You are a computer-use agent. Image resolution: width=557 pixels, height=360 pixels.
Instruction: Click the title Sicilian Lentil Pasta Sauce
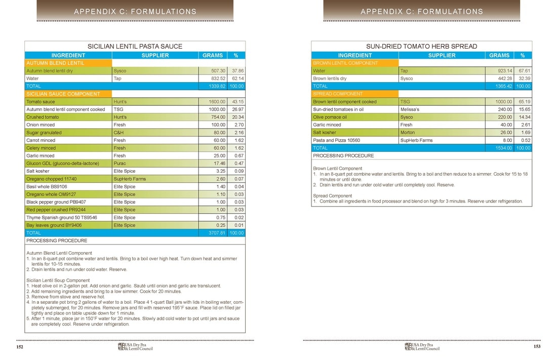pyautogui.click(x=135, y=46)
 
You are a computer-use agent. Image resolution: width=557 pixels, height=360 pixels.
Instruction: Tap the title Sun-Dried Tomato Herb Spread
pyautogui.click(x=421, y=46)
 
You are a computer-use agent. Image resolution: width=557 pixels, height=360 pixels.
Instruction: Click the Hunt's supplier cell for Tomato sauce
pyautogui.click(x=120, y=102)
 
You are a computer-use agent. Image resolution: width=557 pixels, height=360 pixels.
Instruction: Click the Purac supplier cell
pyautogui.click(x=120, y=164)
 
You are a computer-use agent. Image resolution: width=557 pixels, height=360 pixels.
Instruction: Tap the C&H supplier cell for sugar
pyautogui.click(x=119, y=133)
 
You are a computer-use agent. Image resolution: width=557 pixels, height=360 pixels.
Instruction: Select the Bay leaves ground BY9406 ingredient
pyautogui.click(x=54, y=225)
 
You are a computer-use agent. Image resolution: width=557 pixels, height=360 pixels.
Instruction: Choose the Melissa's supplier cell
pyautogui.click(x=410, y=109)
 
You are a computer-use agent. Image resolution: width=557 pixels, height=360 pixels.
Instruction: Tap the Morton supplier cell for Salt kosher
pyautogui.click(x=408, y=133)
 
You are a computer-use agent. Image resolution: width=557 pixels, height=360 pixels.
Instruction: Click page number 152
pyautogui.click(x=20, y=347)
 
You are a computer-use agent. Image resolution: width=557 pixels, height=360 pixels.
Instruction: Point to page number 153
pyautogui.click(x=537, y=347)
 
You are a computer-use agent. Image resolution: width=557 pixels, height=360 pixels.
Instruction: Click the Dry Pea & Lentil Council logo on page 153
pyautogui.click(x=422, y=347)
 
